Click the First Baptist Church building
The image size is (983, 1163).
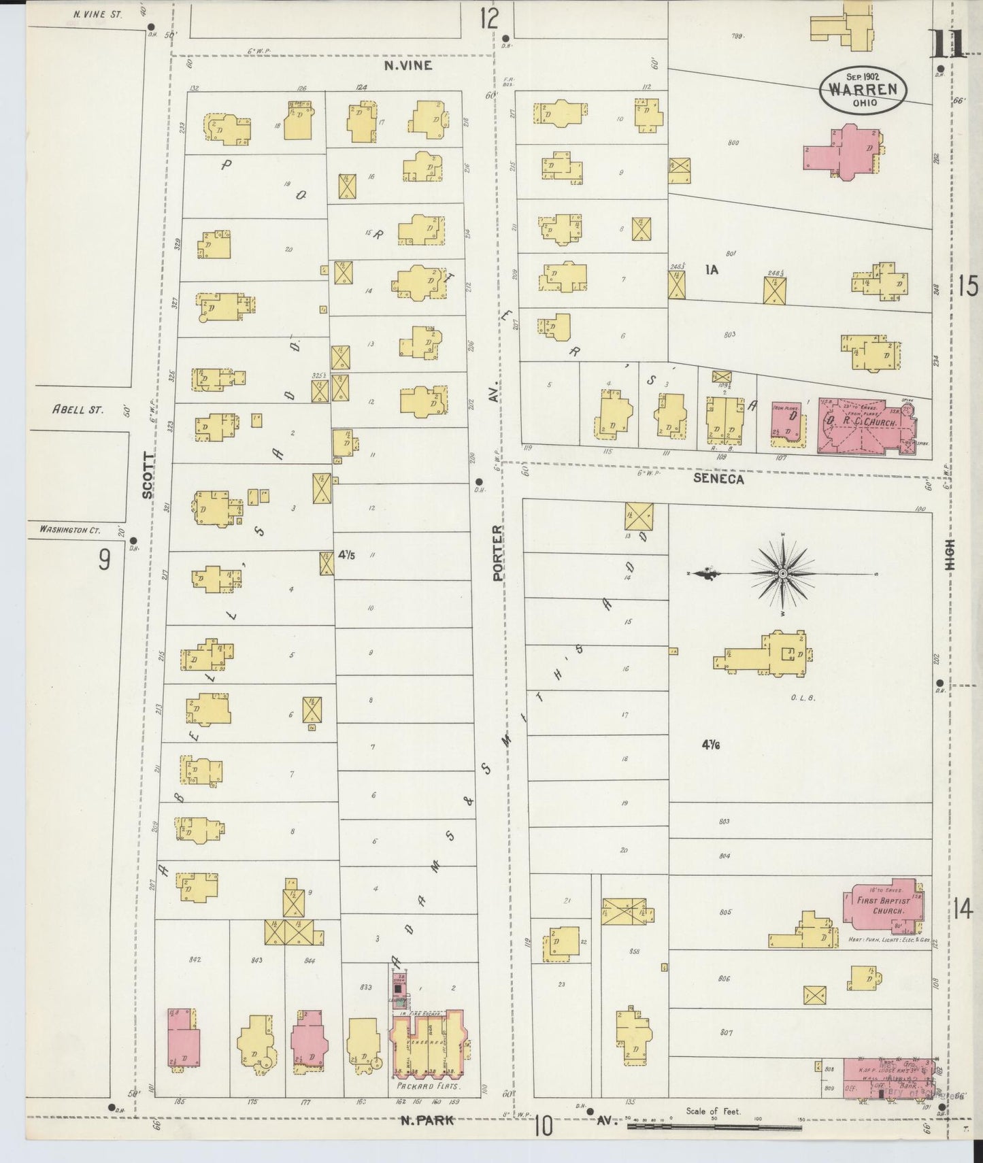tap(882, 906)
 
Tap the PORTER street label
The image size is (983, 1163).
tap(498, 552)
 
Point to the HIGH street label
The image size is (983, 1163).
tap(950, 554)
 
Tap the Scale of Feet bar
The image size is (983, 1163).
tap(714, 1127)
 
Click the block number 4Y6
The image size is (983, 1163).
tap(711, 745)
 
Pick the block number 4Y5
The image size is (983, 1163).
tap(346, 554)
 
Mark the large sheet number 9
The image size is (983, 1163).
tap(103, 559)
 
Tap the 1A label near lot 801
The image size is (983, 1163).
tap(712, 270)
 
